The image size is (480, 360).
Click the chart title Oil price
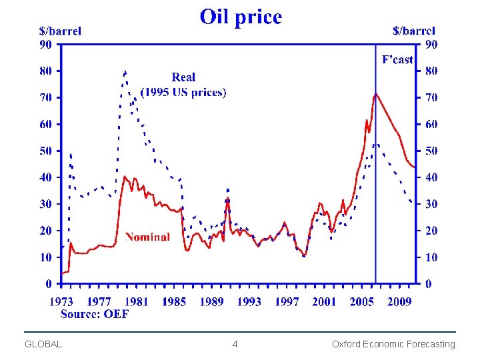(x=241, y=17)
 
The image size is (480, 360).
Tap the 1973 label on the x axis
(x=61, y=301)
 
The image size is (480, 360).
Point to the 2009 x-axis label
(x=399, y=301)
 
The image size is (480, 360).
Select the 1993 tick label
(x=249, y=301)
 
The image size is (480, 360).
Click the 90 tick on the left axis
(x=45, y=44)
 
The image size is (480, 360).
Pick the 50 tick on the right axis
(x=431, y=151)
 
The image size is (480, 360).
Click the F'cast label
(x=397, y=60)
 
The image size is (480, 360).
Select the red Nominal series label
(x=147, y=237)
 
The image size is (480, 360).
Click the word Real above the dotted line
(x=183, y=77)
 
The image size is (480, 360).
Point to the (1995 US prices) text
(x=183, y=92)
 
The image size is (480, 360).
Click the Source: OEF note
(x=94, y=313)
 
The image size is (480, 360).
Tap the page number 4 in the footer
(x=235, y=344)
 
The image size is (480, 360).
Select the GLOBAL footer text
(x=43, y=344)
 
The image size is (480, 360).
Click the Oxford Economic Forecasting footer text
(x=393, y=344)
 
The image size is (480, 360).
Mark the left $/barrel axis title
(x=60, y=31)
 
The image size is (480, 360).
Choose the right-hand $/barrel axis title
(x=414, y=31)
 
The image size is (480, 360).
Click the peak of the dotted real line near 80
(x=125, y=71)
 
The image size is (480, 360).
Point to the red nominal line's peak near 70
(x=376, y=94)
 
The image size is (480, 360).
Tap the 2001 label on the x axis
(x=324, y=301)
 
